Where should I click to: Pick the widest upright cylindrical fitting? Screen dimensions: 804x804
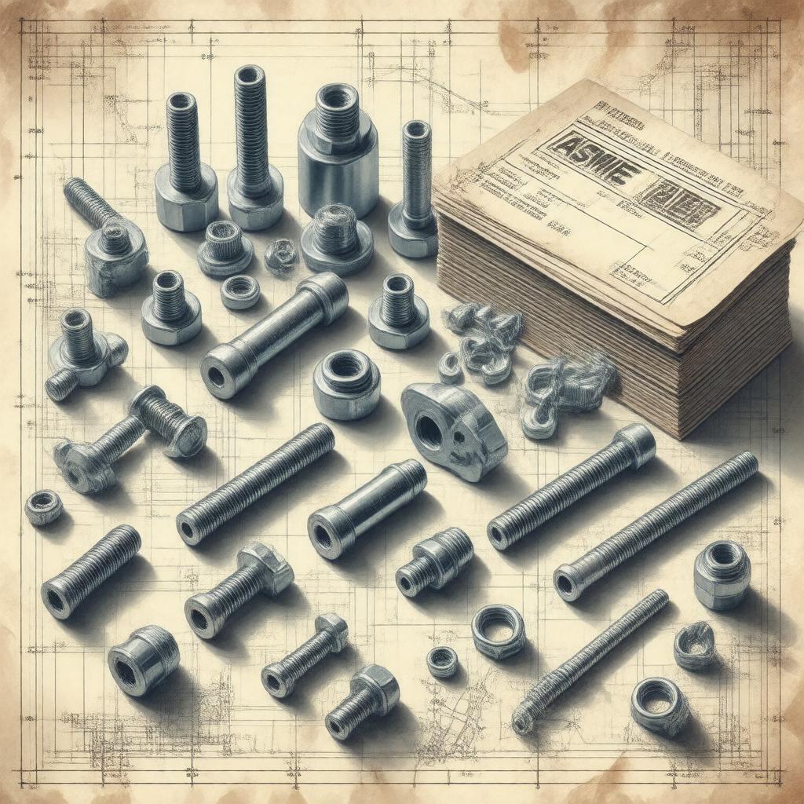pyautogui.click(x=338, y=153)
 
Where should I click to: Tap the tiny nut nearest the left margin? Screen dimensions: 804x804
pyautogui.click(x=43, y=506)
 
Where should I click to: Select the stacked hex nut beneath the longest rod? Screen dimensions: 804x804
pyautogui.click(x=722, y=574)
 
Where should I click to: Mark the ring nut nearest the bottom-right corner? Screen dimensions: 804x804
pyautogui.click(x=660, y=704)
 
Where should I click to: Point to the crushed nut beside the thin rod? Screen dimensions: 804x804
pyautogui.click(x=695, y=645)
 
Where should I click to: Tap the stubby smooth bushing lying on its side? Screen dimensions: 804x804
pyautogui.click(x=144, y=660)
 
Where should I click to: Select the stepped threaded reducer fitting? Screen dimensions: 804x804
pyautogui.click(x=434, y=561)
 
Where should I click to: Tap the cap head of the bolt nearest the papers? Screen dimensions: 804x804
pyautogui.click(x=635, y=444)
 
